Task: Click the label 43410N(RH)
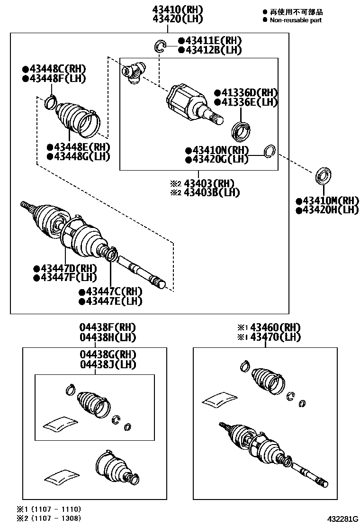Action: [217, 150]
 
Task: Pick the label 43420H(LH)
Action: [327, 210]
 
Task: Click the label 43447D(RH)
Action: [65, 268]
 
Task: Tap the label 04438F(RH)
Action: [108, 327]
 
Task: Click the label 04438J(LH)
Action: [108, 364]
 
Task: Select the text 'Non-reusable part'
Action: [296, 20]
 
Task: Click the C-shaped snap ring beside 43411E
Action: [161, 46]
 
